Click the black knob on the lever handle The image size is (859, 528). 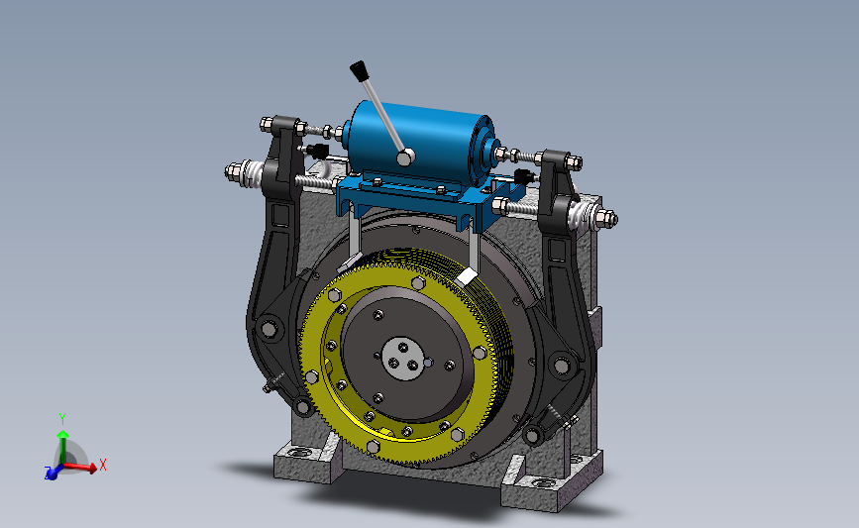point(358,71)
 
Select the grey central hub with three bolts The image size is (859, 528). point(403,359)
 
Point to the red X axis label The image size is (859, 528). point(102,465)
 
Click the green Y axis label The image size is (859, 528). point(62,419)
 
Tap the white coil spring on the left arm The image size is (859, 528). point(253,173)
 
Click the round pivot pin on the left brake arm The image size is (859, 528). point(268,329)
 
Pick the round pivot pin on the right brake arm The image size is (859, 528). point(561,365)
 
